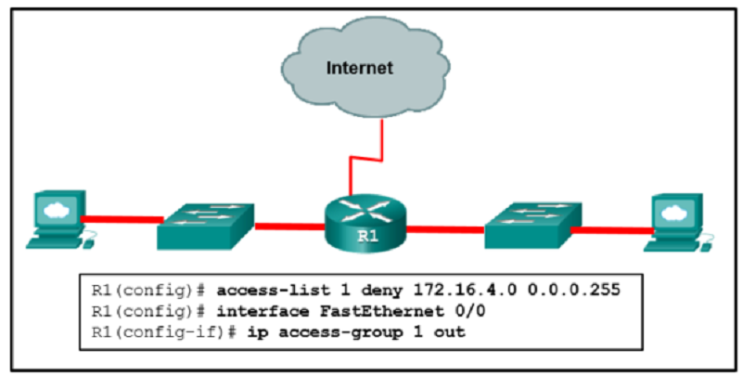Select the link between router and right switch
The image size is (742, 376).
coord(445,227)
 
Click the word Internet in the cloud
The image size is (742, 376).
coord(359,68)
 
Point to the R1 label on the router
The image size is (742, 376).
coord(367,236)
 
